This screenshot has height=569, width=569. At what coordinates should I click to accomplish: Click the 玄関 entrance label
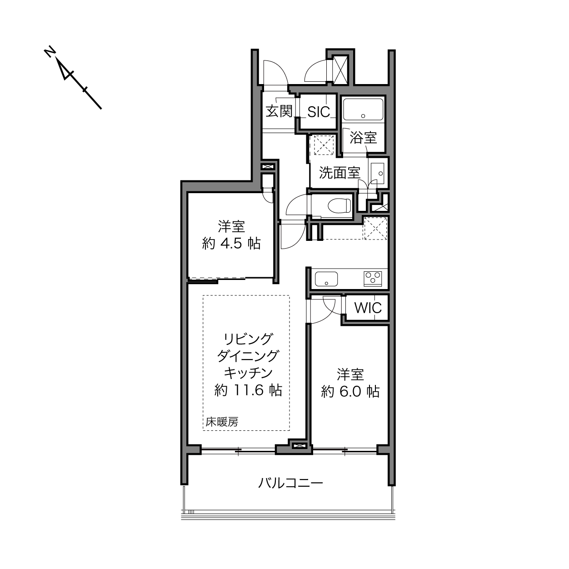pyautogui.click(x=279, y=111)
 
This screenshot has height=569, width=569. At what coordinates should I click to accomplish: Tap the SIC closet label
pyautogui.click(x=319, y=112)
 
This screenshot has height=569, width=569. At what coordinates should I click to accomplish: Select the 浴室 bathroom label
pyautogui.click(x=363, y=138)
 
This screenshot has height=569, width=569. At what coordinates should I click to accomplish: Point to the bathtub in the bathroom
pyautogui.click(x=363, y=109)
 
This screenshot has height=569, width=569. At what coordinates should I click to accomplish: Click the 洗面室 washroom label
pyautogui.click(x=339, y=173)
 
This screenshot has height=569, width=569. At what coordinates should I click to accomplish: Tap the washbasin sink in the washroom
pyautogui.click(x=377, y=173)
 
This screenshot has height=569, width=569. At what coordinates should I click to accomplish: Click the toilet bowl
pyautogui.click(x=339, y=205)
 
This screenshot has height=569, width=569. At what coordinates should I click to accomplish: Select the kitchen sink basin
pyautogui.click(x=326, y=279)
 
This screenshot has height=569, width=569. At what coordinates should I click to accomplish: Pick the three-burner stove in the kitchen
pyautogui.click(x=373, y=279)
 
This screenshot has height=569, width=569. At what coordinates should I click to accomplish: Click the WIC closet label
pyautogui.click(x=368, y=308)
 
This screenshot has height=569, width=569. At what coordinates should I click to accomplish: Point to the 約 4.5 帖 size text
pyautogui.click(x=231, y=244)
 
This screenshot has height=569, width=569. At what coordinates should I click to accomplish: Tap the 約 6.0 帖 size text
pyautogui.click(x=350, y=392)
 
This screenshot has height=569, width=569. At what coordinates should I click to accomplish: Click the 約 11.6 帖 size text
pyautogui.click(x=248, y=390)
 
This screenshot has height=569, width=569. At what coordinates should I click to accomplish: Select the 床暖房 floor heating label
pyautogui.click(x=222, y=422)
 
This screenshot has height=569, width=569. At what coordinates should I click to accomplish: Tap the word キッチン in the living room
pyautogui.click(x=248, y=373)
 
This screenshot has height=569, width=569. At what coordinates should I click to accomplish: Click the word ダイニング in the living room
pyautogui.click(x=248, y=356)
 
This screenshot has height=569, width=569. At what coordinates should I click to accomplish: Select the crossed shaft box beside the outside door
pyautogui.click(x=340, y=70)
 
